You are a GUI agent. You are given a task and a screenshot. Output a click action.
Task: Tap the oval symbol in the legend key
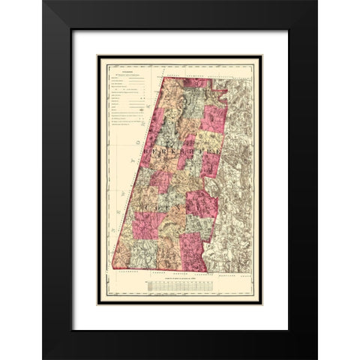pyautogui.click(x=148, y=107)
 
